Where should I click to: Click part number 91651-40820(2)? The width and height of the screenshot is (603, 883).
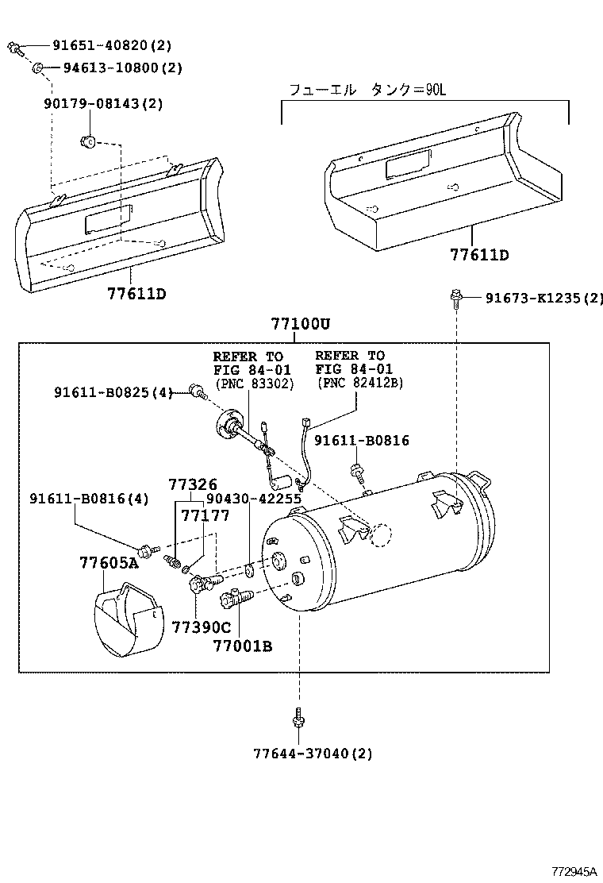pos(111,46)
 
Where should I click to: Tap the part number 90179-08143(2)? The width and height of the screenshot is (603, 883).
pos(102,103)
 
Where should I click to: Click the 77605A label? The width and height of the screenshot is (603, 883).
pos(109,563)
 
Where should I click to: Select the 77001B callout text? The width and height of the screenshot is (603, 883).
pos(242,646)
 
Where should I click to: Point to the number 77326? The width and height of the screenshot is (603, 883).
pos(192,484)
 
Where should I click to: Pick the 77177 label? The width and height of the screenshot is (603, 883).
pos(204,516)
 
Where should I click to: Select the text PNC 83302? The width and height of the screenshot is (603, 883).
pos(253,384)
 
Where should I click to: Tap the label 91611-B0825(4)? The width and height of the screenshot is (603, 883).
pos(113,391)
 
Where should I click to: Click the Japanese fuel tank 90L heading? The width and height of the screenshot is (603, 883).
pos(368,90)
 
